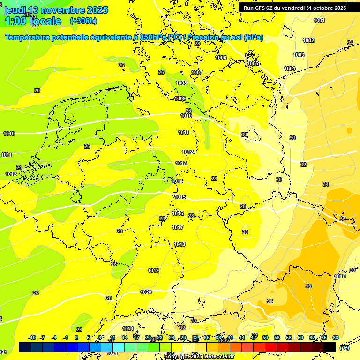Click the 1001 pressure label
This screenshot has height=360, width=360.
click(x=319, y=20)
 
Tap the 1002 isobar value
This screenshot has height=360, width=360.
click(x=308, y=40)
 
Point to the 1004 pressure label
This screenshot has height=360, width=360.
click(x=290, y=69)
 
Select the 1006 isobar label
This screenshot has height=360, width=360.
click(x=221, y=58)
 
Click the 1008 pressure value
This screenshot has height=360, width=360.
click(x=181, y=83)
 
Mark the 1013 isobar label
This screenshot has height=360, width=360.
click(x=181, y=163)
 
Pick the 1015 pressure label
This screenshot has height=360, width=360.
click(x=180, y=197)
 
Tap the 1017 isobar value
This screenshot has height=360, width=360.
click(x=178, y=227)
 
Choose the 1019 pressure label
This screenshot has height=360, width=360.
click(x=153, y=270)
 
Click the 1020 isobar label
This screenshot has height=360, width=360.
click(x=146, y=292)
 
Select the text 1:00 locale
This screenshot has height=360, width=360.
click(x=33, y=21)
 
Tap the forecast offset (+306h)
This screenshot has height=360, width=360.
click(x=83, y=21)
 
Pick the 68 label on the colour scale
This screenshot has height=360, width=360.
click(x=336, y=337)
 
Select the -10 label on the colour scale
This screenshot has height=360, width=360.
click(x=32, y=337)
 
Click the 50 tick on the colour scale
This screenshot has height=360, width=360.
click(x=265, y=337)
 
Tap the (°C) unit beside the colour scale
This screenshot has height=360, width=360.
click(x=344, y=348)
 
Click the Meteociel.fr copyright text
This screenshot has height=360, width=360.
click(x=199, y=356)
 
